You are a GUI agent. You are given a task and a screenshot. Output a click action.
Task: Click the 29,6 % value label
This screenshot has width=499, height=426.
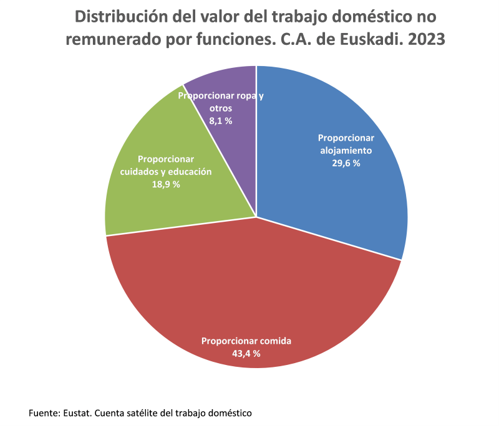point(346,163)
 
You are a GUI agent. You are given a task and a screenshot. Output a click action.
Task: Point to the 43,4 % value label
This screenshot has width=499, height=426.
point(246,353)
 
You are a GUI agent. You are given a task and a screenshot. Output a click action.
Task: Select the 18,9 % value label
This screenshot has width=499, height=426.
point(165,184)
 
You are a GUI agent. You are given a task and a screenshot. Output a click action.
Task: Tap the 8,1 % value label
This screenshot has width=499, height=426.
point(220,121)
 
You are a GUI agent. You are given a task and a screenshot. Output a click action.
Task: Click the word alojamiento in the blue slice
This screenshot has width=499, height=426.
point(346,151)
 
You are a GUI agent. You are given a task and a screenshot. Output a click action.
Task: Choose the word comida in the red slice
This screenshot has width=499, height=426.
point(276,341)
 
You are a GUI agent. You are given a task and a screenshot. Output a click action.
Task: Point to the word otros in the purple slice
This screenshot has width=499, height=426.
point(221,108)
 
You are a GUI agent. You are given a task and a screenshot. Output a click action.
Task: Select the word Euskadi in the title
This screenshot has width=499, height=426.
point(365,39)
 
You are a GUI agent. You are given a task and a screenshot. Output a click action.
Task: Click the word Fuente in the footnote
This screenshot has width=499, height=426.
point(42,412)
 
